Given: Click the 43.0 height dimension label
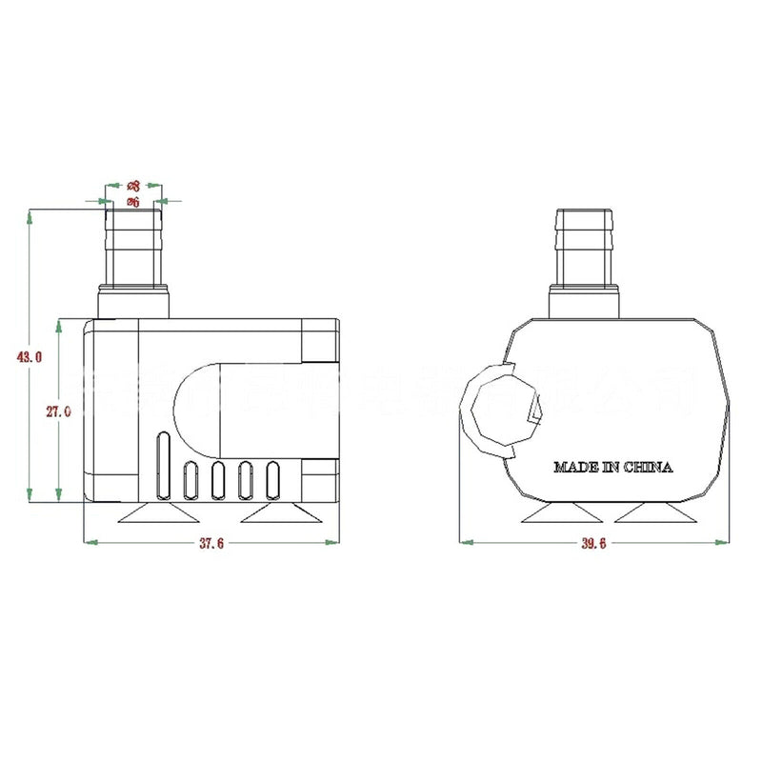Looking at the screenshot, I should pyautogui.click(x=30, y=357).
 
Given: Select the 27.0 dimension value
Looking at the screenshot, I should pyautogui.click(x=57, y=411).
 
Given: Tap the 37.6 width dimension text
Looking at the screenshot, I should pyautogui.click(x=211, y=543).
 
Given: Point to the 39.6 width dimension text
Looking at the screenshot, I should pyautogui.click(x=592, y=543).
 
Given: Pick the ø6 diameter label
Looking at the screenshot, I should pyautogui.click(x=133, y=202).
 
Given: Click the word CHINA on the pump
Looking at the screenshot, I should pyautogui.click(x=649, y=467).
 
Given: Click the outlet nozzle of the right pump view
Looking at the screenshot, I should pyautogui.click(x=586, y=252).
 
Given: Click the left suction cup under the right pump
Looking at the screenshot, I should pyautogui.click(x=562, y=513).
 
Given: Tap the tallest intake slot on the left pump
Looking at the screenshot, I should pyautogui.click(x=163, y=466).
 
